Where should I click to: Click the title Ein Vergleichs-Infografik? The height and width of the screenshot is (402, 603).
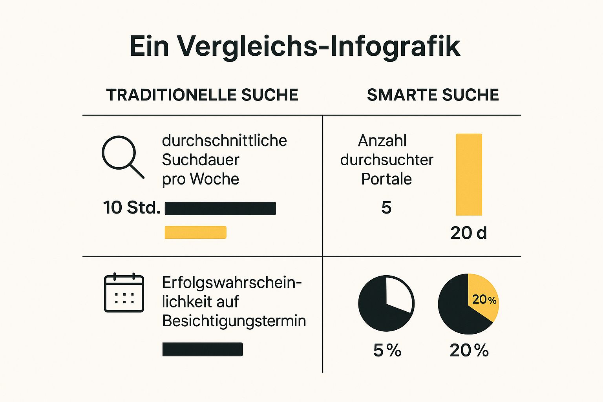[294, 46]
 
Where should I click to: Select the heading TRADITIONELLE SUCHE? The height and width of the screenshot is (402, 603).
[202, 95]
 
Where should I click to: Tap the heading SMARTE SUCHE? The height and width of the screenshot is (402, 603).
[433, 95]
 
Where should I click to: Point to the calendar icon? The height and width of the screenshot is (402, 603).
[124, 293]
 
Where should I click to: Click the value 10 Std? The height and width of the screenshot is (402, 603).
[132, 207]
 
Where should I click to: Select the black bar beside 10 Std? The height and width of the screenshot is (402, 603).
[220, 208]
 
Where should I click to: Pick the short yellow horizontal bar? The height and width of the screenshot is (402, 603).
[196, 232]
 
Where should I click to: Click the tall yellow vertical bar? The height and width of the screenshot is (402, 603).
[469, 174]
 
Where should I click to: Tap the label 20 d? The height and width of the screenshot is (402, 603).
[468, 233]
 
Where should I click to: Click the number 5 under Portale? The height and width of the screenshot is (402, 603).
[386, 207]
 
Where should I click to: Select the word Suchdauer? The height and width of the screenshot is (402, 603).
[200, 160]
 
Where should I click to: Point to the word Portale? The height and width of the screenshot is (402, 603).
[386, 179]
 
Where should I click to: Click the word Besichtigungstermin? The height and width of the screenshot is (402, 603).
[234, 321]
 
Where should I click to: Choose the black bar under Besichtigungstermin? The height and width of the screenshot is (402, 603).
[203, 349]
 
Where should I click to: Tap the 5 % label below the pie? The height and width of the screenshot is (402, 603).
[387, 350]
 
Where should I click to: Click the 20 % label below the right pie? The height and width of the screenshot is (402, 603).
[469, 350]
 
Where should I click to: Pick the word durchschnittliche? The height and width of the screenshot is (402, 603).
[224, 141]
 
